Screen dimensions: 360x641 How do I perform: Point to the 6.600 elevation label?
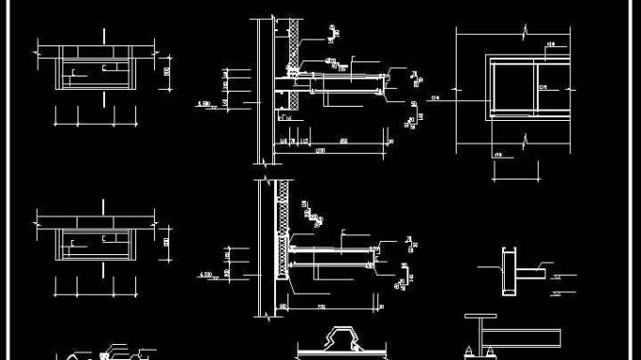[202, 103]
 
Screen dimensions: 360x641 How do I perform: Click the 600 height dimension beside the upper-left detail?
[166, 70]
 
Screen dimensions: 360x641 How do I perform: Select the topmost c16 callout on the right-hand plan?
[551, 44]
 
